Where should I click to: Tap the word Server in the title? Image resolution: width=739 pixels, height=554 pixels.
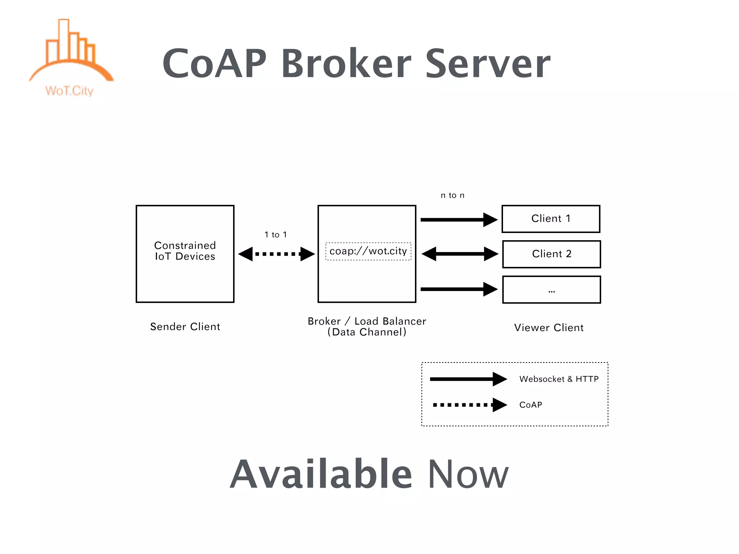488,64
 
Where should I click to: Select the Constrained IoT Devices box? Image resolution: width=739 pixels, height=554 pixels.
185,254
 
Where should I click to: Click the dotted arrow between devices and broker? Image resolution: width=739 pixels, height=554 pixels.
276,254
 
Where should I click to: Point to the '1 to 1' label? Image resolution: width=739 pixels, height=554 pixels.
276,235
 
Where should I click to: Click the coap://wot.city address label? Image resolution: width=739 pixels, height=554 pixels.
368,251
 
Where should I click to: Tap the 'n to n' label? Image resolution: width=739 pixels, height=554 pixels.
452,195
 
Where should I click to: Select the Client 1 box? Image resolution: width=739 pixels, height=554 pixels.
551,219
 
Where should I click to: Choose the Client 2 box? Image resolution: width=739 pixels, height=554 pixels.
551,254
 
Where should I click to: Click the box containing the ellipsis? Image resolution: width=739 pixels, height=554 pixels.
551,290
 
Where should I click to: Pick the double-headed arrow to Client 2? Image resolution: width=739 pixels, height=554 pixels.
460,254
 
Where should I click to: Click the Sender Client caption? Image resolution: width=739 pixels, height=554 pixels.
185,327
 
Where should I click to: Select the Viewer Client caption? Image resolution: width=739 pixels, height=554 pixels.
549,328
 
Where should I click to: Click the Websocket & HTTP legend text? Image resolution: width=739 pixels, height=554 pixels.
559,379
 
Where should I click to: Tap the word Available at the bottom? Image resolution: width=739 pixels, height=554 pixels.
321,474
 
